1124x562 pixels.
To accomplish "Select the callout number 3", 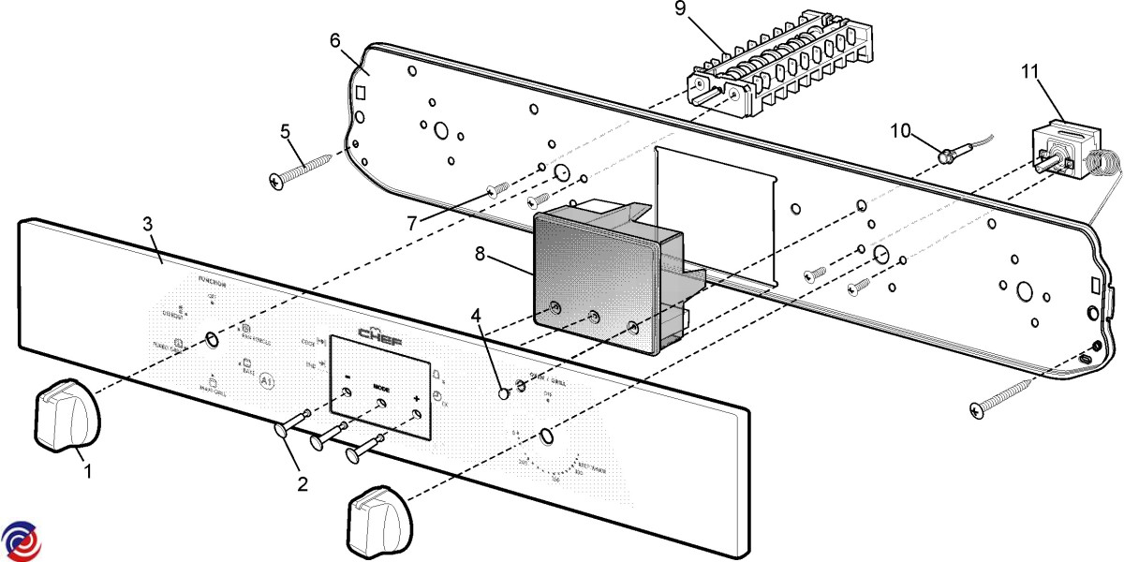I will [x=148, y=225].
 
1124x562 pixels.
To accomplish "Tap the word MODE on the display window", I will [x=381, y=387].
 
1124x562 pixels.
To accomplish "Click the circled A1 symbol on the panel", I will [x=266, y=381].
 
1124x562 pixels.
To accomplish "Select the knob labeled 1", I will [x=65, y=414].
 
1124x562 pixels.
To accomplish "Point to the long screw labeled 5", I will [x=302, y=168].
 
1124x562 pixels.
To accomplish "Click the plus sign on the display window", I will [x=416, y=398].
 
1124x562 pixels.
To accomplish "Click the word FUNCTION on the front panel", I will [x=215, y=280].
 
